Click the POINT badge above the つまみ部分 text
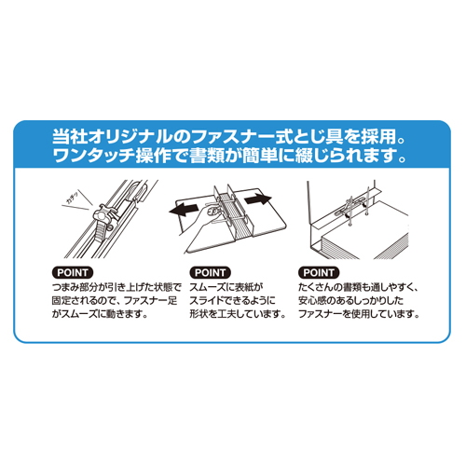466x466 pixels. [73, 272]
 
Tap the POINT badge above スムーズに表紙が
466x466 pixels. [210, 272]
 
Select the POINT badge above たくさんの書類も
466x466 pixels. [319, 272]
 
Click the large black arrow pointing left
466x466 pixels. [184, 210]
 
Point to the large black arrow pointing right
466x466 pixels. [258, 199]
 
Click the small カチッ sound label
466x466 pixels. [73, 199]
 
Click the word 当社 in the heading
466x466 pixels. [70, 136]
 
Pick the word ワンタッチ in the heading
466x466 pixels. [94, 155]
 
